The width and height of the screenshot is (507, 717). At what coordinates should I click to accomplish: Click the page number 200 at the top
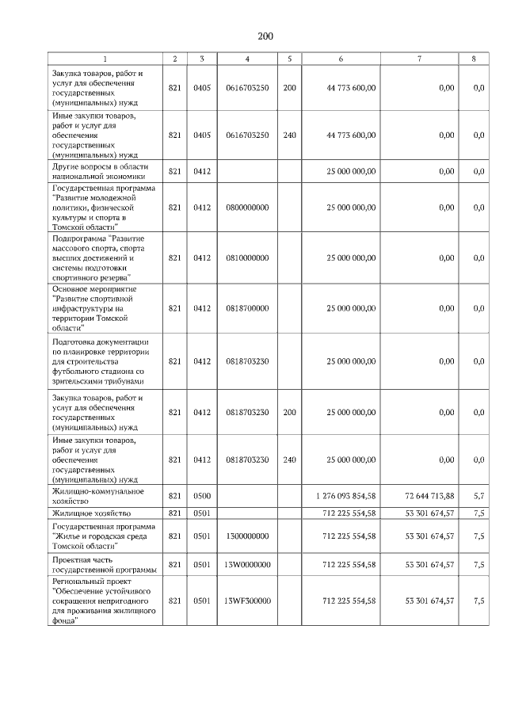(x=265, y=36)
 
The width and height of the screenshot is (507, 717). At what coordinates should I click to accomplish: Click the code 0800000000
(x=247, y=208)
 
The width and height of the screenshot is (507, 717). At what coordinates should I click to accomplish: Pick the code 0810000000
(x=247, y=257)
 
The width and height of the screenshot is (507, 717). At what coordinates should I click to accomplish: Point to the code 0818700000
(x=247, y=308)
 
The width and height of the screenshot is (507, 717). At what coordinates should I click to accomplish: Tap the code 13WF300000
(x=247, y=601)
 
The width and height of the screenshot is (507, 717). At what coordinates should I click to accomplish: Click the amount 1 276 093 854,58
(x=345, y=495)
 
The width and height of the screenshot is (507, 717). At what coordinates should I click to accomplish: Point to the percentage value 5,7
(x=478, y=495)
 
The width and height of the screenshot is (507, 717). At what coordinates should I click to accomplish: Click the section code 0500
(x=202, y=495)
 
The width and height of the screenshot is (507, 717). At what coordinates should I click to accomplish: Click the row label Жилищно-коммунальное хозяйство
(x=97, y=496)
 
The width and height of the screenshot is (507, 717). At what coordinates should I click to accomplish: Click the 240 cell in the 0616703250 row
(x=289, y=135)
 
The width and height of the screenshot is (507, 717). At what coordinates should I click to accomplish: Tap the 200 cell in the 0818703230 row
(x=289, y=413)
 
